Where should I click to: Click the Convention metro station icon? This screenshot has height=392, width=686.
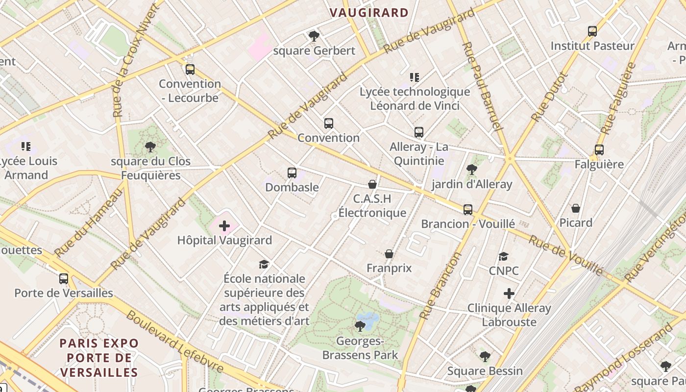tap(328, 123)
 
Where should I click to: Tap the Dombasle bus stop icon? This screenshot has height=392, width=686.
tap(292, 172)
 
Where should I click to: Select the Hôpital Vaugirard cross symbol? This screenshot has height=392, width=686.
tap(224, 226)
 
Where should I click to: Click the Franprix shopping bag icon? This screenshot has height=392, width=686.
tap(389, 254)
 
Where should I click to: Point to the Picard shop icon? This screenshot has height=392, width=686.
tap(576, 208)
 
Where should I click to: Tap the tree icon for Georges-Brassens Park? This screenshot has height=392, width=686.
tap(360, 326)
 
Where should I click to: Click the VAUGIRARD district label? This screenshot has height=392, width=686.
tap(369, 13)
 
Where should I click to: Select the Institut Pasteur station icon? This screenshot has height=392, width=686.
tap(592, 31)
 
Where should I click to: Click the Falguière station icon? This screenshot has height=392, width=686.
tap(599, 150)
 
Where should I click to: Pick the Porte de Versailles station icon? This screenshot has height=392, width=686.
tap(64, 279)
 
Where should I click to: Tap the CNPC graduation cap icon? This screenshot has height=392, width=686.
tap(503, 256)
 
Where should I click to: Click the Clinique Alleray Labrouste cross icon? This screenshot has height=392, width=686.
tap(509, 294)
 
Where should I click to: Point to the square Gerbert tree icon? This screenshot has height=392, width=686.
tap(314, 36)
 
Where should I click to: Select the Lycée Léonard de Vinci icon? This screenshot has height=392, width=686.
tap(415, 77)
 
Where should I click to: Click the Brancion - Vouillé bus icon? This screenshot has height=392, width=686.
tap(468, 210)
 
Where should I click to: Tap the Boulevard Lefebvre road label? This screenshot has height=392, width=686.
tap(175, 342)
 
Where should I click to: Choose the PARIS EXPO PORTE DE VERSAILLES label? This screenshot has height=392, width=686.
tap(99, 358)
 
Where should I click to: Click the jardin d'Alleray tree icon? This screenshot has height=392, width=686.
tap(472, 170)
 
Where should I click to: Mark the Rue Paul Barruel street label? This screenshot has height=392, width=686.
tap(482, 87)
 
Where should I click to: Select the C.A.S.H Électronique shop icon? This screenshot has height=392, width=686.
tap(372, 184)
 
